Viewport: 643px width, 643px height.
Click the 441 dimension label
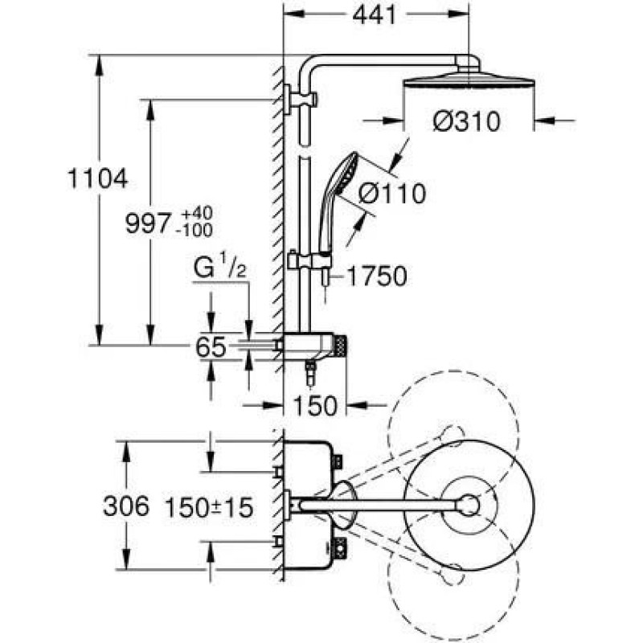click(x=375, y=15)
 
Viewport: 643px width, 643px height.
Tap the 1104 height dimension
click(x=97, y=178)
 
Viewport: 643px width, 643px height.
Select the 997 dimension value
click(x=147, y=223)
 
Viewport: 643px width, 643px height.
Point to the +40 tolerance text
click(x=197, y=213)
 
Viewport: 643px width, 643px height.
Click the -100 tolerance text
click(x=194, y=231)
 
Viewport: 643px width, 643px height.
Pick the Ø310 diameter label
click(x=467, y=122)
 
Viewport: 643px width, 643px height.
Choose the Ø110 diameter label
click(x=392, y=194)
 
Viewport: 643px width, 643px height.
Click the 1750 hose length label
click(x=377, y=276)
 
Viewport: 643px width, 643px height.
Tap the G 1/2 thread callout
click(x=219, y=266)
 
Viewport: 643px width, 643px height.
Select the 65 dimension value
click(x=211, y=347)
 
